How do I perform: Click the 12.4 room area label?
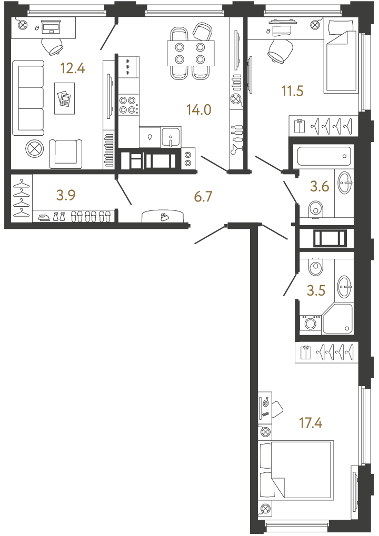coord(73,68)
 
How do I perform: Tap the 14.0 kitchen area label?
coord(199,110)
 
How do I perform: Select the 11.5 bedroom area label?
coord(293,92)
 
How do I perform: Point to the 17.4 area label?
coord(311,423)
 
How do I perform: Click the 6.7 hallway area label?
coord(203,197)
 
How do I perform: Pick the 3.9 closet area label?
coord(66,195)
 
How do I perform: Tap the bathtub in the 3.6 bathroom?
coord(324,156)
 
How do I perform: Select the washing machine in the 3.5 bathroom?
coord(310,322)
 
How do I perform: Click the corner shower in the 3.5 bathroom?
coord(337,319)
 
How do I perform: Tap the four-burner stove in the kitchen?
coord(129,105)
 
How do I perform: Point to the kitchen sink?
coord(171,137)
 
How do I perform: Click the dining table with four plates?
coord(191,53)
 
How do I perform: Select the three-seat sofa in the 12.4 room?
coord(28,98)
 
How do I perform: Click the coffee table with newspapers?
coord(64,98)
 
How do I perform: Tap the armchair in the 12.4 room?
coord(66,154)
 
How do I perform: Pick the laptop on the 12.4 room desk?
coord(51,26)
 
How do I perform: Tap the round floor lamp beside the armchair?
coord(35,149)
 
